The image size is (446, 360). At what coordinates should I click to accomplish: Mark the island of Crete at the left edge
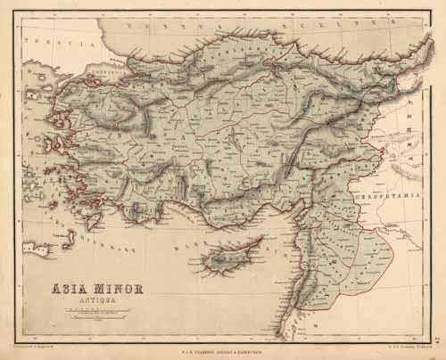33,247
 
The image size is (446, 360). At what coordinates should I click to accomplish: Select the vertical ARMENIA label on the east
409,121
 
